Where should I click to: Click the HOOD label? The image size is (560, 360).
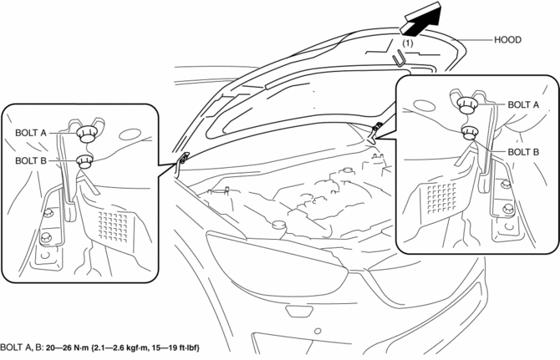click(507, 39)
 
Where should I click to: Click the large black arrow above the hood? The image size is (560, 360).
click(421, 19)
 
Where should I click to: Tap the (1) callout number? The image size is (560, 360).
click(408, 43)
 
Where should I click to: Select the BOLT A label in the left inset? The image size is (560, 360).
click(31, 133)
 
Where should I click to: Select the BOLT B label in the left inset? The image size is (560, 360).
click(31, 161)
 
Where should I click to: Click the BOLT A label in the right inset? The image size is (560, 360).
click(523, 104)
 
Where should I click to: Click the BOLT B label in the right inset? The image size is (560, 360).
click(523, 152)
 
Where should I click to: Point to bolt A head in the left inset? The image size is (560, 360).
click(86, 134)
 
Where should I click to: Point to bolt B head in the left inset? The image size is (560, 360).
click(84, 161)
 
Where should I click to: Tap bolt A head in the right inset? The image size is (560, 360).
click(467, 105)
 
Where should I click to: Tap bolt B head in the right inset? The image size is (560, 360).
click(469, 133)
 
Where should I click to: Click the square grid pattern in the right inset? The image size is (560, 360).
click(441, 198)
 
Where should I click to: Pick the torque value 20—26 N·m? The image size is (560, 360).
click(67, 347)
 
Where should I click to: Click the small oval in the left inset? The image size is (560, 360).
click(128, 134)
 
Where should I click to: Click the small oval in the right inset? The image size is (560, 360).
click(422, 105)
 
